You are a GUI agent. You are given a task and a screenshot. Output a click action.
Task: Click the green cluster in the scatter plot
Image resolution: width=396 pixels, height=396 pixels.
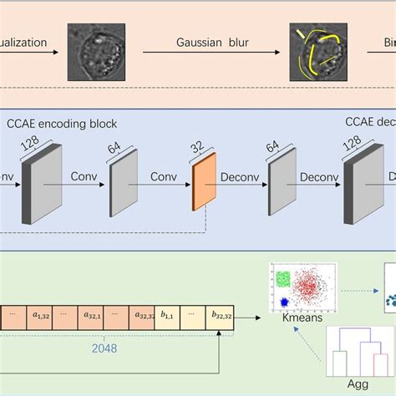283,278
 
